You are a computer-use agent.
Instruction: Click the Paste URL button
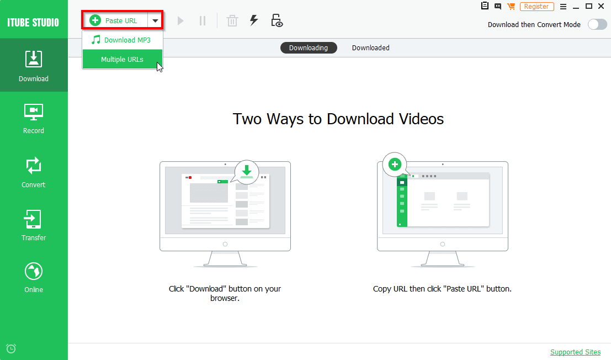115,21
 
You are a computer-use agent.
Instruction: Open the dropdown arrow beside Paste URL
155,21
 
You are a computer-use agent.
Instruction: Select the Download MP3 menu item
122,40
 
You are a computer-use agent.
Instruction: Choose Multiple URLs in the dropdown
122,60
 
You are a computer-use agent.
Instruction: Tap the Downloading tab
309,48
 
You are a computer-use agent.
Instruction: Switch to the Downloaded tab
371,48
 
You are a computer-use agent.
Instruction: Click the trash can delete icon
232,21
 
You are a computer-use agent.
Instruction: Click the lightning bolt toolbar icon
254,20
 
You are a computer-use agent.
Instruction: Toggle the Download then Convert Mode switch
597,24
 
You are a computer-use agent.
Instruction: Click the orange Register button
536,7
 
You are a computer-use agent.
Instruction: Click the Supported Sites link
575,352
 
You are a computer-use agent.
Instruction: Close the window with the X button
602,6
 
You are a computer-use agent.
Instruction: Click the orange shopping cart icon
511,7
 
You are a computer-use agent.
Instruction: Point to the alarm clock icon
11,348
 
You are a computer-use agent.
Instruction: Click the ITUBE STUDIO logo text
34,23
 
